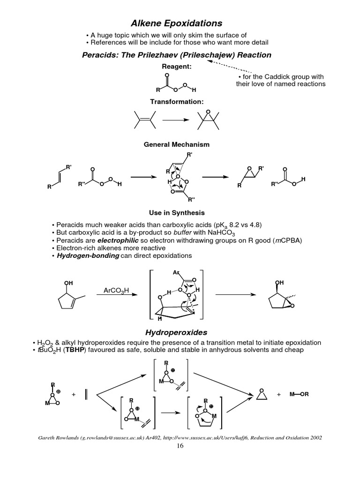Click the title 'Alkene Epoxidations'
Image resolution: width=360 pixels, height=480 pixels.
pos(176,23)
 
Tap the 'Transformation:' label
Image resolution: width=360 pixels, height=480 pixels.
pos(176,101)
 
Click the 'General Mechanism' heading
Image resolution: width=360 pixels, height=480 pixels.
pos(176,144)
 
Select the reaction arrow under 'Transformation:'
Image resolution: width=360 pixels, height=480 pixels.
pos(176,120)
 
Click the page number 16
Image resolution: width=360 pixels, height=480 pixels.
pos(180,446)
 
